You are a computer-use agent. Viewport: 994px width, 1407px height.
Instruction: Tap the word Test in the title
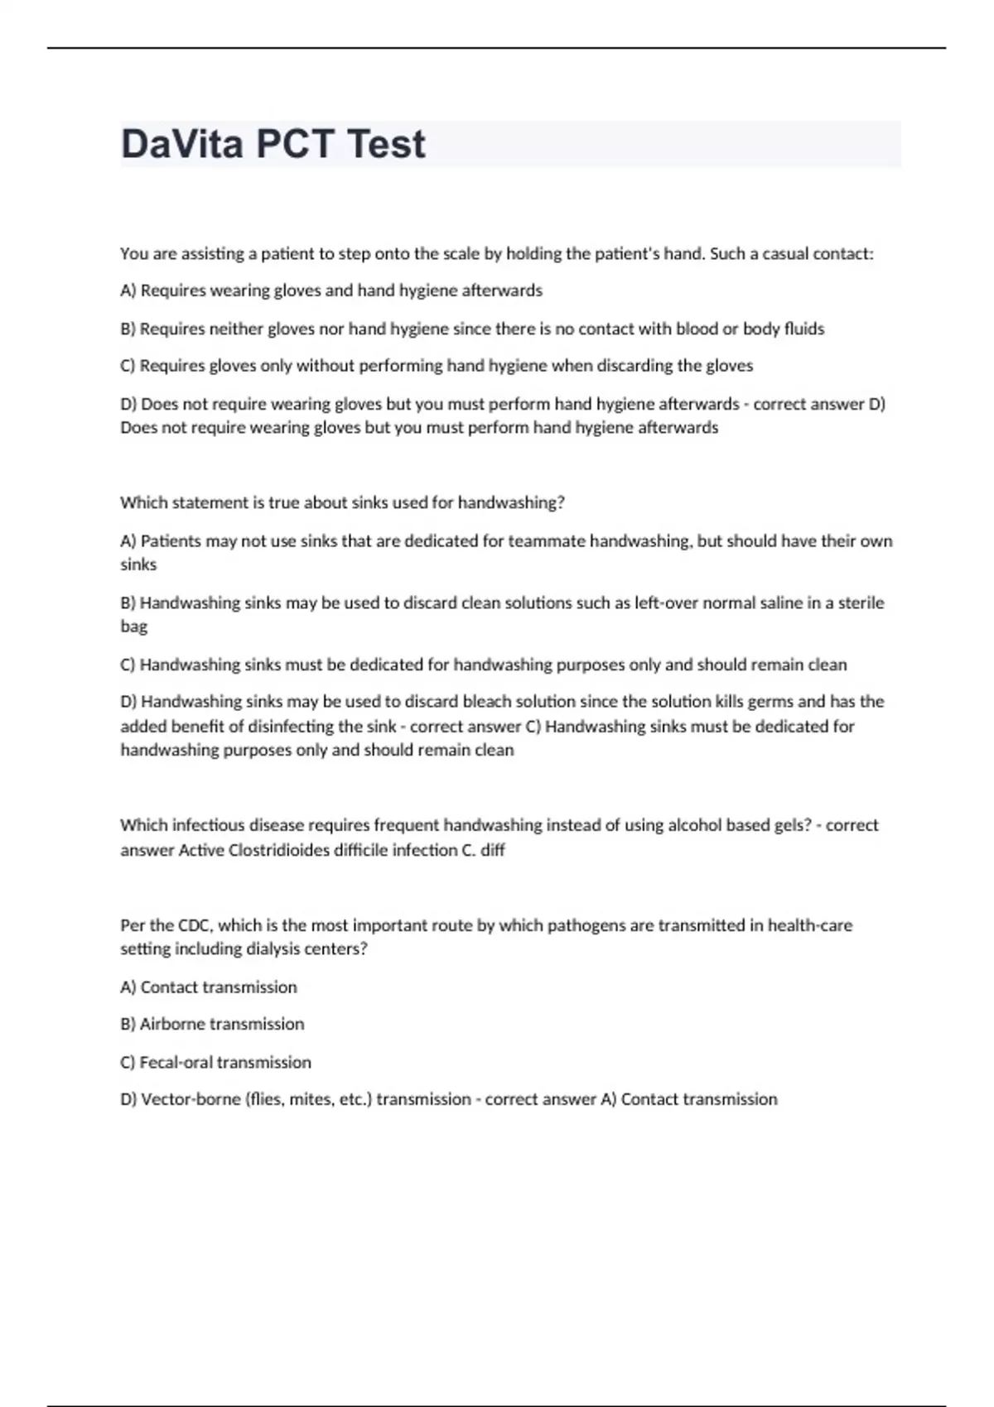386,144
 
